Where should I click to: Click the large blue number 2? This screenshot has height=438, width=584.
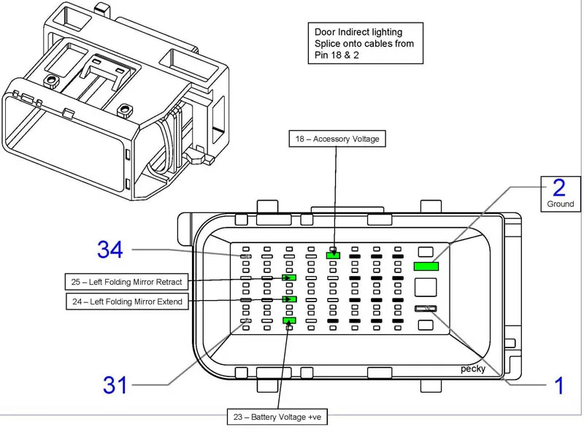coord(558,188)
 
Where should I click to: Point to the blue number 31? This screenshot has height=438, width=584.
coord(115,385)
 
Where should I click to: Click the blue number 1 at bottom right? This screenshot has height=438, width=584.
coord(558,385)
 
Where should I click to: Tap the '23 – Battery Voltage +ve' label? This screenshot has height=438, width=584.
coord(278,418)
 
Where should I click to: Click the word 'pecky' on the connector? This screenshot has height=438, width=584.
coord(472,369)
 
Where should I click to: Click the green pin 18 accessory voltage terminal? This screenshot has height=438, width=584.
coord(334,255)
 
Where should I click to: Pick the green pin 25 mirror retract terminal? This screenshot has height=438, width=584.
coord(290,277)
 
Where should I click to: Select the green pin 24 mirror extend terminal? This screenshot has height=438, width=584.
coord(290,299)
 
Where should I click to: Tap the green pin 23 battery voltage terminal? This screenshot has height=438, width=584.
coord(289,320)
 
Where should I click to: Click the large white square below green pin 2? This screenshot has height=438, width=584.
coord(426,288)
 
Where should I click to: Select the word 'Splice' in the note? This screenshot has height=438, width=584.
coord(328,44)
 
